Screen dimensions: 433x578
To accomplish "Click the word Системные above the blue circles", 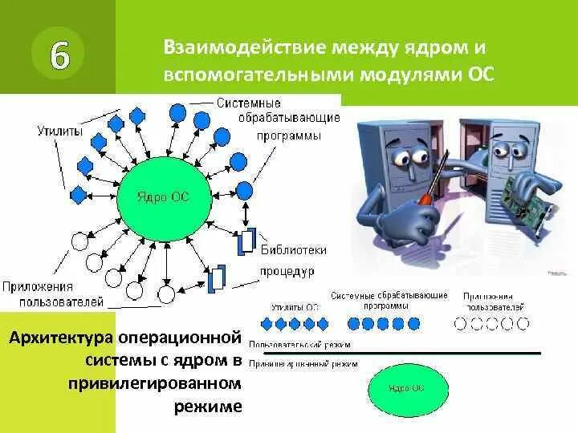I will tap(248, 103).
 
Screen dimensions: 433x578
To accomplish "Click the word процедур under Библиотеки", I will tap(286, 271).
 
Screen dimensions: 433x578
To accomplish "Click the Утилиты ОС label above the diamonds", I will tap(295, 306).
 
